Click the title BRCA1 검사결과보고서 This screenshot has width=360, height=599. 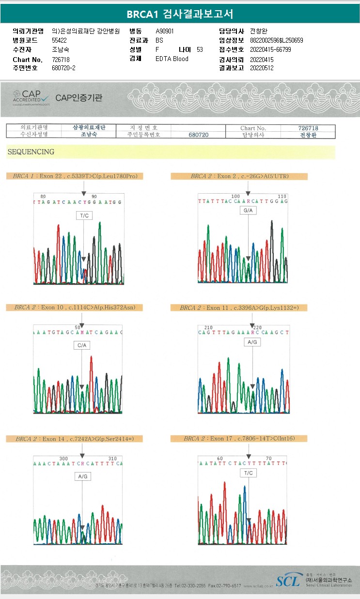[180, 14]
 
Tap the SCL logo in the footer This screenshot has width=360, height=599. [288, 581]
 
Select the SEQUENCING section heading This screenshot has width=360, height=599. [31, 152]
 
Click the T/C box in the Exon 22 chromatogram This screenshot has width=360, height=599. [83, 215]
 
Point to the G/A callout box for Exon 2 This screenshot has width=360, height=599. [248, 211]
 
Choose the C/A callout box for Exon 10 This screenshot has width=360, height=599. [81, 346]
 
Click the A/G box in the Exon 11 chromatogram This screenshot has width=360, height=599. [252, 342]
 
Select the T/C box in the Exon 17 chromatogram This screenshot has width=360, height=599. [248, 473]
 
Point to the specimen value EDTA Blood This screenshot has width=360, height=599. [172, 59]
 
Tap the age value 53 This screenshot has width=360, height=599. [200, 49]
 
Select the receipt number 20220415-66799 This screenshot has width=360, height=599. [270, 49]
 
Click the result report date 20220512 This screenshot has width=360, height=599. [262, 68]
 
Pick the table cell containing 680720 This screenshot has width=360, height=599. [198, 135]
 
